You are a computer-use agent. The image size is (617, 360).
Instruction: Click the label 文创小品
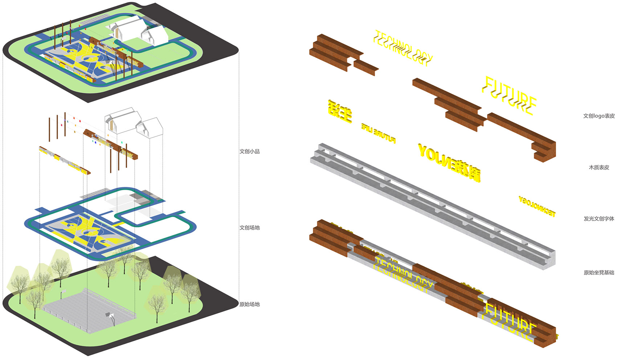249,151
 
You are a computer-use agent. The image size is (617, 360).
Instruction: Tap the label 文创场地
249,228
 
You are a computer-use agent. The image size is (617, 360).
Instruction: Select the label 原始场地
249,304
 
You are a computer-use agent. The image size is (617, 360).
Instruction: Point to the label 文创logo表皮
599,116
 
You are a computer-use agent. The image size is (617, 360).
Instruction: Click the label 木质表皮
599,167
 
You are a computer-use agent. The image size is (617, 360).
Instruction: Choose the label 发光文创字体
599,218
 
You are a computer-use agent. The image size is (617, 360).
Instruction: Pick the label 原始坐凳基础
599,272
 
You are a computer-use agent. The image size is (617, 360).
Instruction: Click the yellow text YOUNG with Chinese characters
449,161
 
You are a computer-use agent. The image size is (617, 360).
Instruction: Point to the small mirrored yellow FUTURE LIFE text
378,132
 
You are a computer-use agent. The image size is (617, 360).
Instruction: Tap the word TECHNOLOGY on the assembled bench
403,274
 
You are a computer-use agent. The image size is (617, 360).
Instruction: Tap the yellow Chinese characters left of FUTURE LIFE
340,111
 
